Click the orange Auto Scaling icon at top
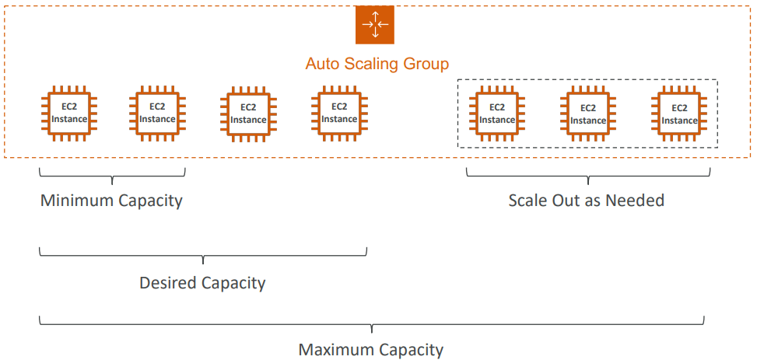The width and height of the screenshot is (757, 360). [375, 25]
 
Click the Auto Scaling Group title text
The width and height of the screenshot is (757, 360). [377, 64]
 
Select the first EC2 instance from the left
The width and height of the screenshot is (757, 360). [65, 113]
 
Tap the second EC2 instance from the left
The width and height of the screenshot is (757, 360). [157, 113]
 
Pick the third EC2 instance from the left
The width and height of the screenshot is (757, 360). [248, 114]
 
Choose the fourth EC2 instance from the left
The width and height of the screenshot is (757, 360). [339, 113]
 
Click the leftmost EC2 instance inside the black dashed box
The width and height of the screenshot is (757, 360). [497, 114]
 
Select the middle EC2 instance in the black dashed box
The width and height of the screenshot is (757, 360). [588, 114]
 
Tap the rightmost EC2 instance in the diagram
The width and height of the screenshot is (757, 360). [679, 114]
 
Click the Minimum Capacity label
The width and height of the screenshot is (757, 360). [111, 201]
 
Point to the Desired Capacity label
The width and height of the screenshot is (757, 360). [202, 283]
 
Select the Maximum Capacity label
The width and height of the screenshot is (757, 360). [371, 350]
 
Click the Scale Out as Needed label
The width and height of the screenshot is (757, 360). [587, 201]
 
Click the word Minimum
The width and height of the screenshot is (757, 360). [76, 201]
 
